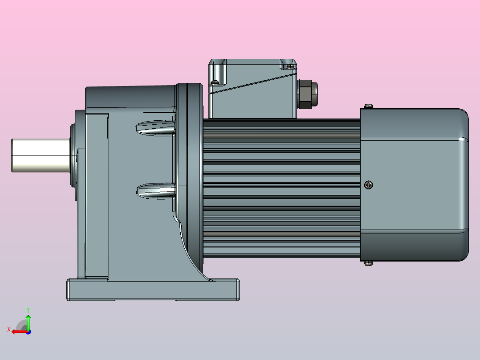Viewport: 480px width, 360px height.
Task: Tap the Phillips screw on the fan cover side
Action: click(x=369, y=185)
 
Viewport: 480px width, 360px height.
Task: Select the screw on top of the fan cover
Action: click(x=369, y=106)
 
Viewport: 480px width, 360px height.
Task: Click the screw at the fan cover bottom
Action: click(x=369, y=263)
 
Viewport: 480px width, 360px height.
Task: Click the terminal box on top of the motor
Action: click(x=252, y=89)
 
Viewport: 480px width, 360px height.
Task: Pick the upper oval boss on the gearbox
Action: click(x=156, y=128)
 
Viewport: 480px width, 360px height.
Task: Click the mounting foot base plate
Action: click(x=153, y=290)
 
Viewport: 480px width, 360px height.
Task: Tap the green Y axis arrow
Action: click(x=28, y=322)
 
